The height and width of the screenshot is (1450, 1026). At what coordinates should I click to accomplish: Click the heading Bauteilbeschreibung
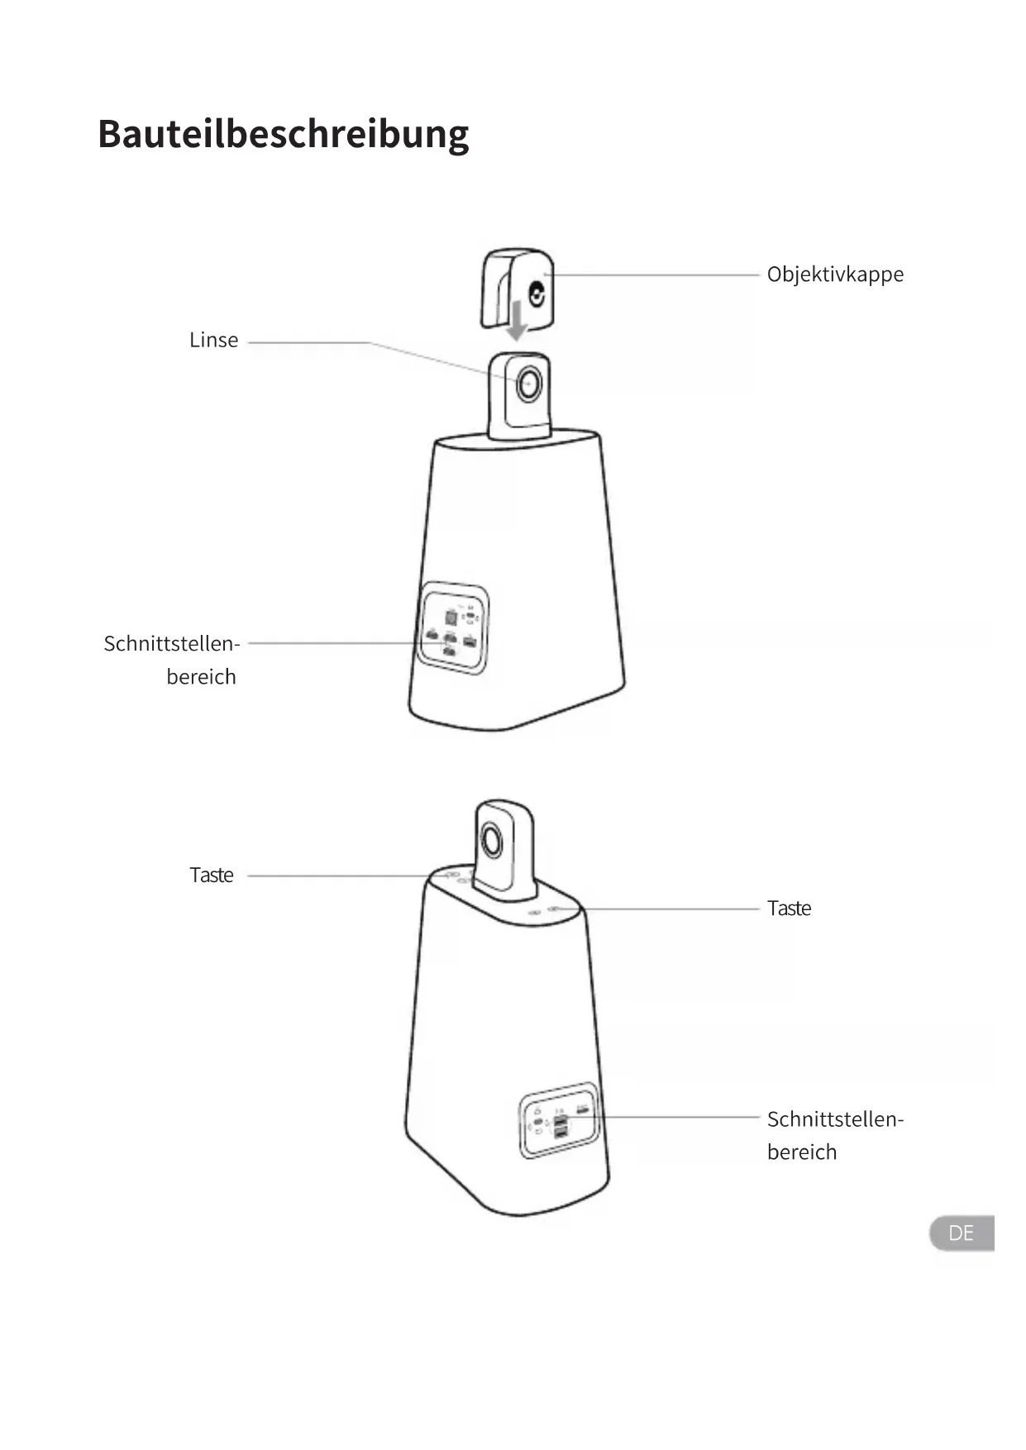283,134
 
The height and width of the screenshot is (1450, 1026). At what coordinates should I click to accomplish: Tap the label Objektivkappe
835,274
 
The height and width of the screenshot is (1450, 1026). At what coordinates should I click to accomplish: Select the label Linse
213,341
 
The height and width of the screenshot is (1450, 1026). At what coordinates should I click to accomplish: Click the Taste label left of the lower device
212,875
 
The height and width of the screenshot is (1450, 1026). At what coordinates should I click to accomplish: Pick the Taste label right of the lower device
789,909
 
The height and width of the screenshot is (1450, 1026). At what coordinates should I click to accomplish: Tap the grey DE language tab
961,1233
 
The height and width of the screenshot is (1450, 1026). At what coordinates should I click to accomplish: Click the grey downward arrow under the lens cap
517,321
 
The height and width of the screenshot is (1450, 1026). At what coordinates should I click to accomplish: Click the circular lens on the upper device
528,384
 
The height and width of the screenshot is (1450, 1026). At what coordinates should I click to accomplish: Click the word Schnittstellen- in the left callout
171,644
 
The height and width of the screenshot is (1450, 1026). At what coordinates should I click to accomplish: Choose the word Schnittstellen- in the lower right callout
835,1119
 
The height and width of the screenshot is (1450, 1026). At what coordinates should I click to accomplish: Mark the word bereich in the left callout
201,677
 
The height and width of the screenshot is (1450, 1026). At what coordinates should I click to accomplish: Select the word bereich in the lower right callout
801,1152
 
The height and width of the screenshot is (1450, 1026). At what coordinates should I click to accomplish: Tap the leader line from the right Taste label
670,909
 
